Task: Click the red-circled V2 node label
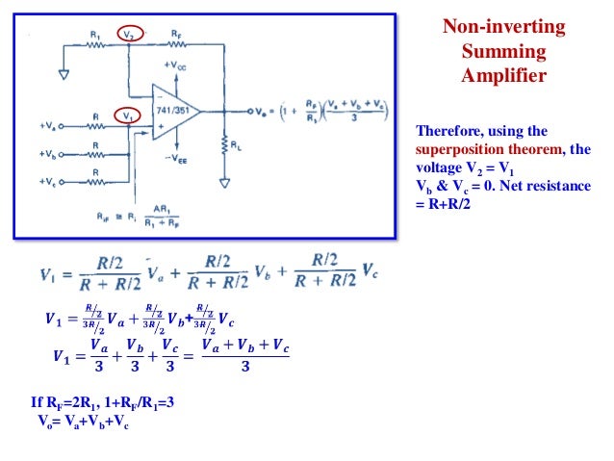pos(128,34)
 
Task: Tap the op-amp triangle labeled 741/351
pos(172,112)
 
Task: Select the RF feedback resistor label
pos(176,32)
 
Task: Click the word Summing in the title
pos(502,51)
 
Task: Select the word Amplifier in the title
pos(502,75)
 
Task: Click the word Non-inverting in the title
pos(502,27)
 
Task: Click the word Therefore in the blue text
pos(445,131)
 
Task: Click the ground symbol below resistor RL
pos(224,182)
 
